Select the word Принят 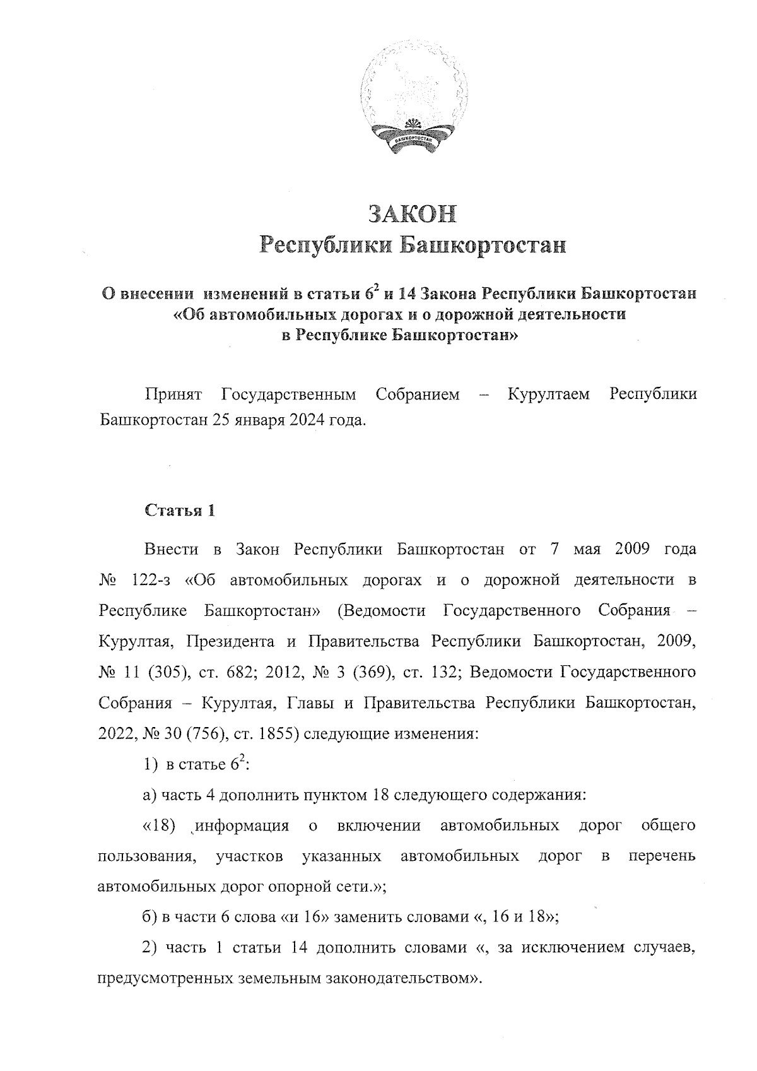[x=173, y=394]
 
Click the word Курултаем [x=549, y=394]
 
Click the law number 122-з [x=155, y=580]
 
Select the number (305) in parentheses [x=167, y=672]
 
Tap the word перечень [x=662, y=856]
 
